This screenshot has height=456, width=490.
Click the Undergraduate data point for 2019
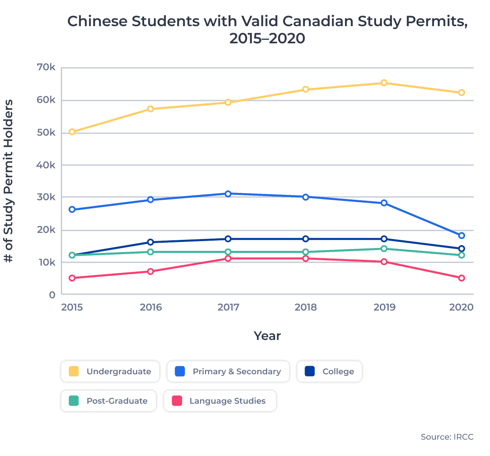pos(384,83)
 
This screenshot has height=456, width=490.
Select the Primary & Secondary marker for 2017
pos(228,194)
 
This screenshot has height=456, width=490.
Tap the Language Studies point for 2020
pos(461,278)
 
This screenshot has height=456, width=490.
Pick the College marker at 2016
pos(150,242)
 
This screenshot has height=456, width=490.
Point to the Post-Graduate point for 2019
pos(384,248)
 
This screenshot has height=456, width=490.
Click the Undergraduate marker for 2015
pos(72,132)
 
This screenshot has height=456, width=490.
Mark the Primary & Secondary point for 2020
pos(461,235)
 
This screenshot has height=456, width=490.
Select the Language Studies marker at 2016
pos(150,271)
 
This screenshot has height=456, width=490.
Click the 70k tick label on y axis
pos(46,67)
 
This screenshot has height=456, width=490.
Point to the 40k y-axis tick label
pos(46,165)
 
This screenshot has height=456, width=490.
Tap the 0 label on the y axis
pos(52,295)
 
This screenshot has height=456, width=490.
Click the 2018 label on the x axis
pos(305,307)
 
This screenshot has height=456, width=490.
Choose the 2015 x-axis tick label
pos(72,307)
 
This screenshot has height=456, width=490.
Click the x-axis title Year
pos(267,336)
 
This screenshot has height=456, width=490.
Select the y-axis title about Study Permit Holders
pos(9,181)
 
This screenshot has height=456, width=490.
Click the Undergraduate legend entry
pos(110,371)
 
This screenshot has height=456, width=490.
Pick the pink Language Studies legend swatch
pos(177,401)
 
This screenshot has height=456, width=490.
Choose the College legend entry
pos(330,371)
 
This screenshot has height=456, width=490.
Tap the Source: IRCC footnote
pos(447,437)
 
